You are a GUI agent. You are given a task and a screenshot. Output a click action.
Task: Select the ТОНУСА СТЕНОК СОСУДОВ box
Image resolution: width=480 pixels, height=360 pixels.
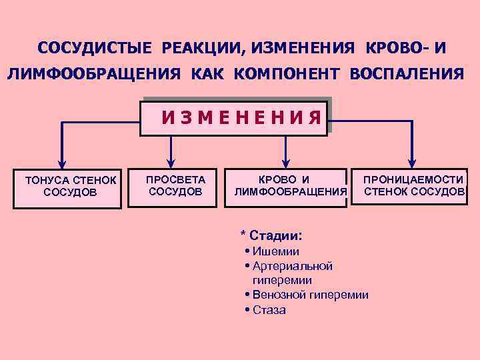click(x=70, y=186)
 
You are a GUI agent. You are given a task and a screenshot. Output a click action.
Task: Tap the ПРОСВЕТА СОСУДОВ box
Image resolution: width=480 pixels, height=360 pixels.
click(x=175, y=186)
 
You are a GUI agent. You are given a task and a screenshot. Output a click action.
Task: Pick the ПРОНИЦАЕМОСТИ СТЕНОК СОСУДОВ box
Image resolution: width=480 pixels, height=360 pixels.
click(x=414, y=186)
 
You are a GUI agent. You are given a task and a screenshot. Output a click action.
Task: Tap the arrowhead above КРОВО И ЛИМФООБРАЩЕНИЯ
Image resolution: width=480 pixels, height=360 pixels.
click(x=287, y=161)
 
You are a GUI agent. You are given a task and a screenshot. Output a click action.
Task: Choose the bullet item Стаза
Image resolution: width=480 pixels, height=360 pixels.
click(x=269, y=309)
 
